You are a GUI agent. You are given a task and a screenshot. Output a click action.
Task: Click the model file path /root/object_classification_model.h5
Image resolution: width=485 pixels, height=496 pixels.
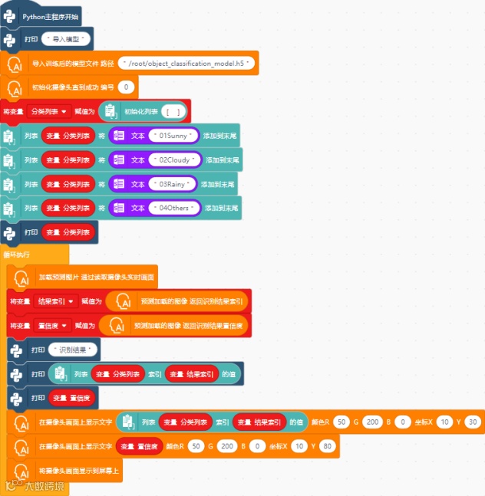pos(188,63)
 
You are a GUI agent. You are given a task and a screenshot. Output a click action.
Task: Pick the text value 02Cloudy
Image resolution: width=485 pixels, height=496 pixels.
pos(176,160)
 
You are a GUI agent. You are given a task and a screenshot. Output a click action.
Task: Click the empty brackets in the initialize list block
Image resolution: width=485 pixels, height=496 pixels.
pos(173,112)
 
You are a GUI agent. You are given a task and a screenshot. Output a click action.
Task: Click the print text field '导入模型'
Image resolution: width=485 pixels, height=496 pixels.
pos(69,38)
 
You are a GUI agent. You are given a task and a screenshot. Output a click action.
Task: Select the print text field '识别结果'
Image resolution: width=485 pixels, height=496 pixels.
pos(74,350)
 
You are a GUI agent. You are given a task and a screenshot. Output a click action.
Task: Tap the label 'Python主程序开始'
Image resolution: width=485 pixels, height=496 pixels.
pos(50,15)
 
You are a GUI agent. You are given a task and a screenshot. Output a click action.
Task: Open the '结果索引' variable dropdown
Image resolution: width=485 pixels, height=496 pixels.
pos(56,302)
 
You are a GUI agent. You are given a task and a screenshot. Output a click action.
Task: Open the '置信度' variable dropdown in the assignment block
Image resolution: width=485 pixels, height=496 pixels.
pos(56,326)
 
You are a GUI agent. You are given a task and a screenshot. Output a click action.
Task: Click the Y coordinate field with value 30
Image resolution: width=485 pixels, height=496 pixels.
pos(472,422)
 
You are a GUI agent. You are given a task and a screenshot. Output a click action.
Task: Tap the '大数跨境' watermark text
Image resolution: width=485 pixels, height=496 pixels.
pos(45,485)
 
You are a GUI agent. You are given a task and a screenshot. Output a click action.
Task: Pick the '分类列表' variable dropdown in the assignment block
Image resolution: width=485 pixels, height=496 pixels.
pos(48,111)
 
